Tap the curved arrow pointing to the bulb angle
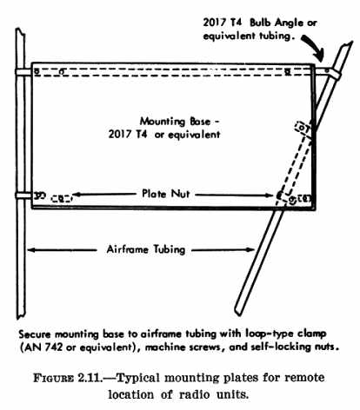click(x=316, y=46)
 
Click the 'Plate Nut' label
click(x=166, y=194)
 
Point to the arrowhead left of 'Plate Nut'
click(x=77, y=195)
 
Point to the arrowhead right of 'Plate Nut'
click(x=268, y=195)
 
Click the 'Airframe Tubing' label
click(x=146, y=249)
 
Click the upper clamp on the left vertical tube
click(x=23, y=72)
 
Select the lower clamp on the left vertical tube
click(x=23, y=195)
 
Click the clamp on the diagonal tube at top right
click(x=333, y=73)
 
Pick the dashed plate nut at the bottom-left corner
click(x=61, y=199)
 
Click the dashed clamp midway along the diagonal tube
click(x=303, y=129)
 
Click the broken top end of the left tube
click(x=20, y=31)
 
